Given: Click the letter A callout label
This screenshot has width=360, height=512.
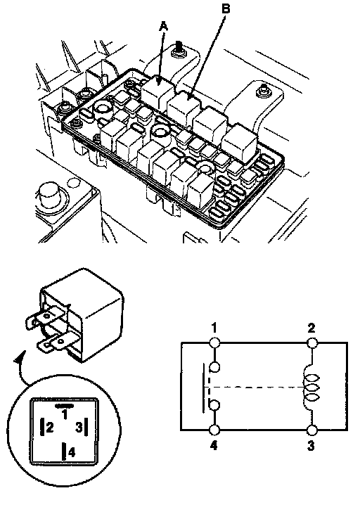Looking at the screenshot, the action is pyautogui.click(x=164, y=26).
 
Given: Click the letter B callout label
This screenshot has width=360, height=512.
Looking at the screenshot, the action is pyautogui.click(x=226, y=9).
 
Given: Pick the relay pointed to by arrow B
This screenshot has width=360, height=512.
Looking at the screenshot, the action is pyautogui.click(x=184, y=107).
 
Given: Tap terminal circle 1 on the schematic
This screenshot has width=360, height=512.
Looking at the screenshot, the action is pyautogui.click(x=214, y=343).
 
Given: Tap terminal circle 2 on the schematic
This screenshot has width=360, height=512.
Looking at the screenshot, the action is pyautogui.click(x=312, y=343).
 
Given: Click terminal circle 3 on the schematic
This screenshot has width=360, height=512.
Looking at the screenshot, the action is pyautogui.click(x=312, y=430).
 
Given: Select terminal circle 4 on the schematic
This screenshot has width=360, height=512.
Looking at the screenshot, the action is pyautogui.click(x=214, y=430).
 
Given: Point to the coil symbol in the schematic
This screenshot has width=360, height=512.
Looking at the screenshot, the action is pyautogui.click(x=311, y=388).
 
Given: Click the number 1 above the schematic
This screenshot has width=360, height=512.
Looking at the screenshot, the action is pyautogui.click(x=214, y=328).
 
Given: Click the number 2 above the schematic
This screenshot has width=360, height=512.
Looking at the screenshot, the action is pyautogui.click(x=311, y=328).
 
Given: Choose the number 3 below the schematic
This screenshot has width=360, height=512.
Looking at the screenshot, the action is pyautogui.click(x=311, y=446).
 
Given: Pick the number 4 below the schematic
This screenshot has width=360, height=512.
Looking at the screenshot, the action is pyautogui.click(x=214, y=446).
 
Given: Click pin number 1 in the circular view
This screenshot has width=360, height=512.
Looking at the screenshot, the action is pyautogui.click(x=65, y=415).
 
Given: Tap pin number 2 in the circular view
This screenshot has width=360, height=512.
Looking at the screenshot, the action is pyautogui.click(x=50, y=427).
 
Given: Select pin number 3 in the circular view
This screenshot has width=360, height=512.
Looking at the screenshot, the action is pyautogui.click(x=79, y=427).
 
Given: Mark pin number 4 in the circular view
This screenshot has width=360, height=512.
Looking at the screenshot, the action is pyautogui.click(x=72, y=452).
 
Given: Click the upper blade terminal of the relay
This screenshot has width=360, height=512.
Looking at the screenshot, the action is pyautogui.click(x=44, y=318).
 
